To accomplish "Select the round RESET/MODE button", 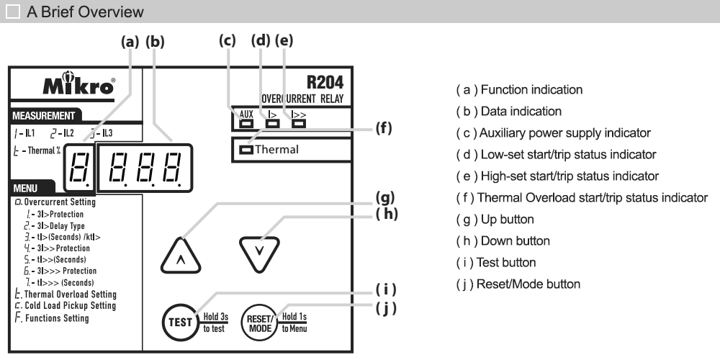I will click(x=258, y=320).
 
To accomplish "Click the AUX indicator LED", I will click(x=246, y=123).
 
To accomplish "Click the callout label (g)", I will click(x=386, y=199).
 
